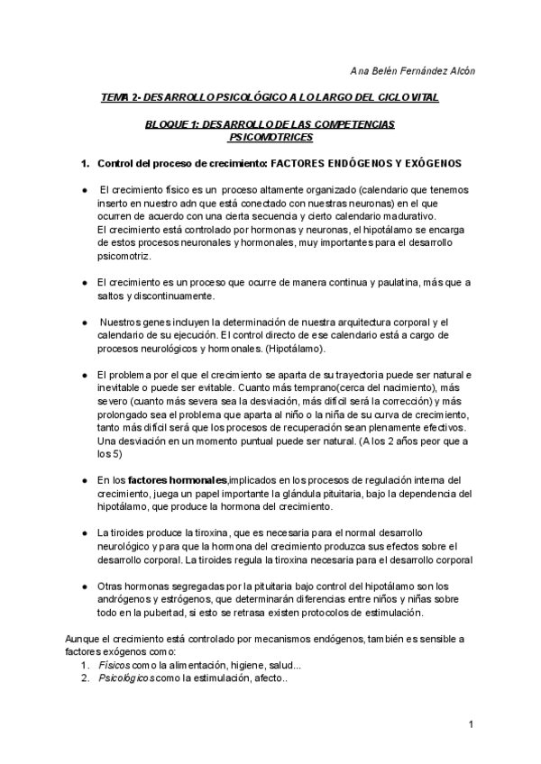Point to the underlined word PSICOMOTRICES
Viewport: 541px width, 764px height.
pyautogui.click(x=271, y=137)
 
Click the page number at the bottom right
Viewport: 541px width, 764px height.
pyautogui.click(x=472, y=724)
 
